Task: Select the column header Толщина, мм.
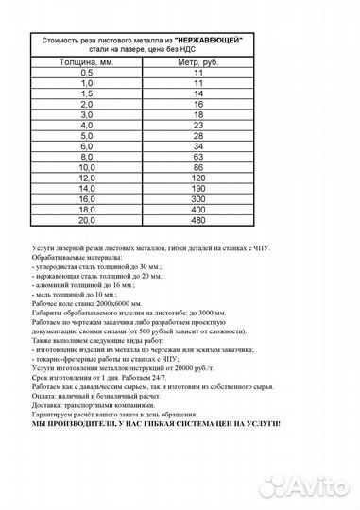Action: point(87,61)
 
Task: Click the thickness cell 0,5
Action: point(87,72)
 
